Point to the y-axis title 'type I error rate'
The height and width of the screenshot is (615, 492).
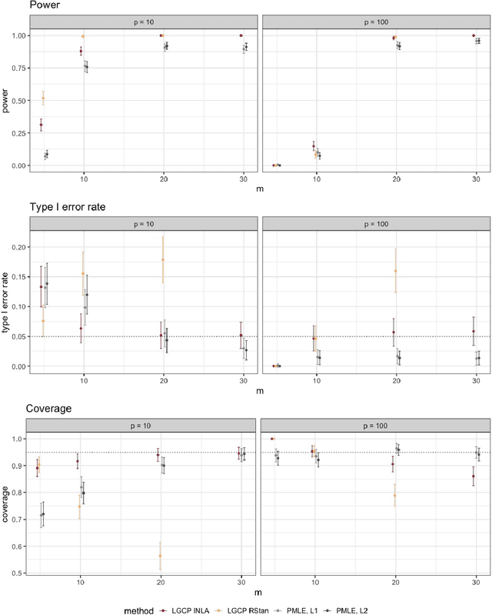click(6, 296)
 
